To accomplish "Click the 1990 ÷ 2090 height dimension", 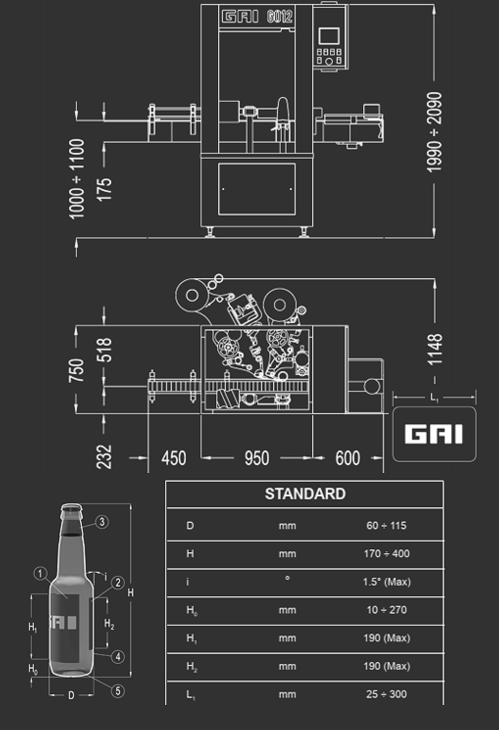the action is click(x=434, y=132).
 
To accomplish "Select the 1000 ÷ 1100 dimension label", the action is click(x=77, y=179).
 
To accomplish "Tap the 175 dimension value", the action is click(x=105, y=189).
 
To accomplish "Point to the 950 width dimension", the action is click(x=257, y=458).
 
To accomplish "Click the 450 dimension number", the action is click(x=174, y=458).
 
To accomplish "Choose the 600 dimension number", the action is click(x=348, y=458).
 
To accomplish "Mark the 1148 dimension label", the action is click(x=435, y=349).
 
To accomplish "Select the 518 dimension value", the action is click(x=105, y=350).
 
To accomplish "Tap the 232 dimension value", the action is click(x=104, y=457).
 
